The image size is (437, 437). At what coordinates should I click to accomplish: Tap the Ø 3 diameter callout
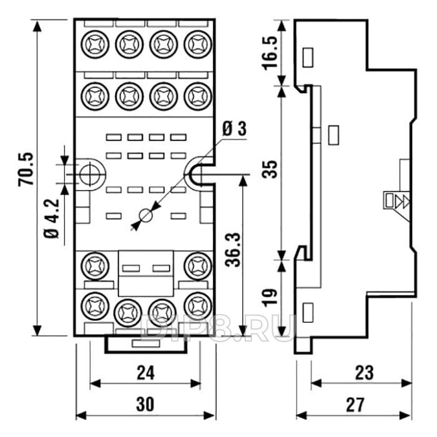(234, 129)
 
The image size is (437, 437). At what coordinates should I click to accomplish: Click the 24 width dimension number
(145, 373)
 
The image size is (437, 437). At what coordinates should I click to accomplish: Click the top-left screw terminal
(94, 44)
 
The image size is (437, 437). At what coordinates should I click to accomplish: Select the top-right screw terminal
(197, 44)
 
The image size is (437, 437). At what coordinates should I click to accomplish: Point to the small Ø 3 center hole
(145, 215)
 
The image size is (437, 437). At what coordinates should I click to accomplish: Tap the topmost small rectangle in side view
(308, 57)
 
